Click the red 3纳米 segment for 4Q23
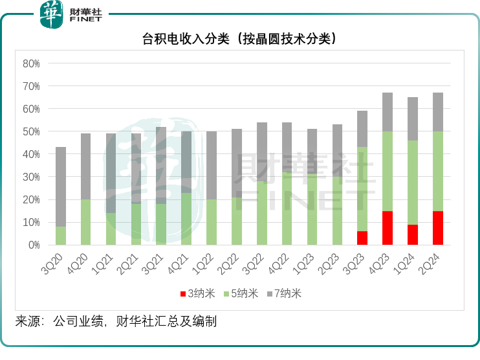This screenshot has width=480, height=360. click(387, 228)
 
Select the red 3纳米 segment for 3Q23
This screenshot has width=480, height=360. click(362, 238)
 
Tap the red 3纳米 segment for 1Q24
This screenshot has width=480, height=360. click(413, 234)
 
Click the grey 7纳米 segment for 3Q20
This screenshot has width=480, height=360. click(61, 186)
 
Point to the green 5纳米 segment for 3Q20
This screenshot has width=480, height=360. click(61, 236)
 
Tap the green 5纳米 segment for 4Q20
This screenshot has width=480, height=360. click(86, 222)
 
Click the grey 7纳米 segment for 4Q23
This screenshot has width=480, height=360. click(387, 112)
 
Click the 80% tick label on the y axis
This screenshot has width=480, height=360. click(31, 63)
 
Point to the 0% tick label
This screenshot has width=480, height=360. click(34, 245)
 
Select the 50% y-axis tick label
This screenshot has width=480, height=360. click(31, 131)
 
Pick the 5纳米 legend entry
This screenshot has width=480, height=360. click(239, 293)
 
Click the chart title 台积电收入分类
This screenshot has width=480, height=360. click(240, 39)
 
